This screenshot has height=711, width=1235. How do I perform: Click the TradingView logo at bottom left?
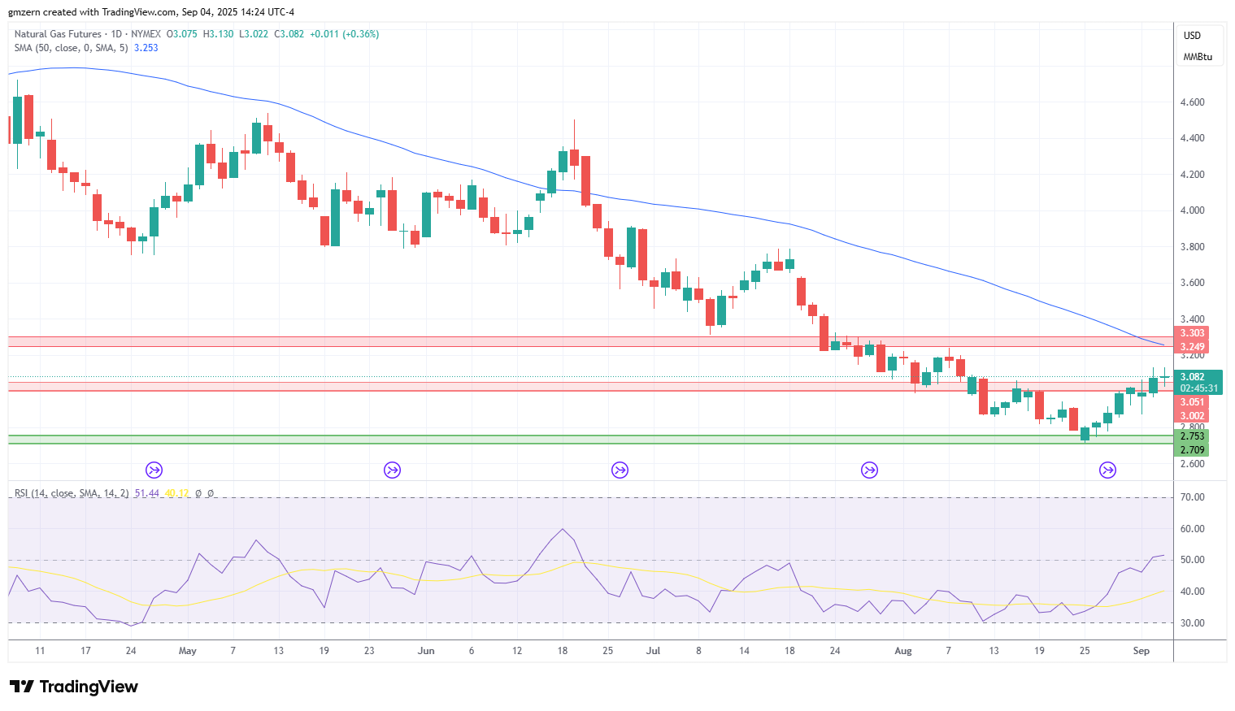pyautogui.click(x=74, y=687)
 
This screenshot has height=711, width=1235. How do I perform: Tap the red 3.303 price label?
pyautogui.click(x=1192, y=333)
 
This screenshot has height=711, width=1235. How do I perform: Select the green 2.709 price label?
pyautogui.click(x=1192, y=449)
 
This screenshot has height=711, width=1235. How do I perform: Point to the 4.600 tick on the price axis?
pyautogui.click(x=1192, y=102)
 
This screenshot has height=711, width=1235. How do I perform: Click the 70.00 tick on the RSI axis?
pyautogui.click(x=1192, y=497)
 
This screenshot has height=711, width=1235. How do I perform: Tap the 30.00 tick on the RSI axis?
pyautogui.click(x=1192, y=622)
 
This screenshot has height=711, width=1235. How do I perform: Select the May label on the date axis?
pyautogui.click(x=188, y=651)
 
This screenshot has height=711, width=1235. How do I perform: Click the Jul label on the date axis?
pyautogui.click(x=653, y=651)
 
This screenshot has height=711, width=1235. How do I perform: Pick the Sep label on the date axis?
pyautogui.click(x=1142, y=651)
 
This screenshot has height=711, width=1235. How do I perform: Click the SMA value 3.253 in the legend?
pyautogui.click(x=146, y=48)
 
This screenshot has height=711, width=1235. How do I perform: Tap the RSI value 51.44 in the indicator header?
pyautogui.click(x=146, y=493)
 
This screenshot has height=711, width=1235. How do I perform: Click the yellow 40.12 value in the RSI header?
pyautogui.click(x=176, y=493)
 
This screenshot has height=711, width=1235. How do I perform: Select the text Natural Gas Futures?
pyautogui.click(x=58, y=34)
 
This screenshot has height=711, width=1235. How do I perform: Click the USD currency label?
pyautogui.click(x=1192, y=35)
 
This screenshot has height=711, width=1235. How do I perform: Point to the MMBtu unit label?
pyautogui.click(x=1198, y=57)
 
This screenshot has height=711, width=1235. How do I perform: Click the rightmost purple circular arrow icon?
pyautogui.click(x=1107, y=470)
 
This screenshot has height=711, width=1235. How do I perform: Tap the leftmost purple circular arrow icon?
pyautogui.click(x=154, y=470)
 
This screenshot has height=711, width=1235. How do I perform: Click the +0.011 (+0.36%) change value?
pyautogui.click(x=345, y=34)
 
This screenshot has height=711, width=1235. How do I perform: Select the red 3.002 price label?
pyautogui.click(x=1192, y=415)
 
